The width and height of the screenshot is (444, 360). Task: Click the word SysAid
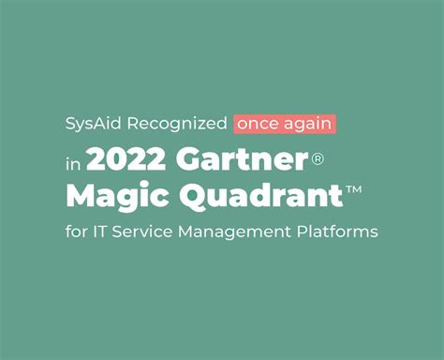point(90,124)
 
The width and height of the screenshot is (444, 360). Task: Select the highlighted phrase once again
point(285,124)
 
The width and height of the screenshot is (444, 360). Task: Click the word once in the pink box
point(259,124)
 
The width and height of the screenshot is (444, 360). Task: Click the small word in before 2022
point(74,161)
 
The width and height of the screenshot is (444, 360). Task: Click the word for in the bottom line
point(76,230)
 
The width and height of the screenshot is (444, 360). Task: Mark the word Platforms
point(336,230)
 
